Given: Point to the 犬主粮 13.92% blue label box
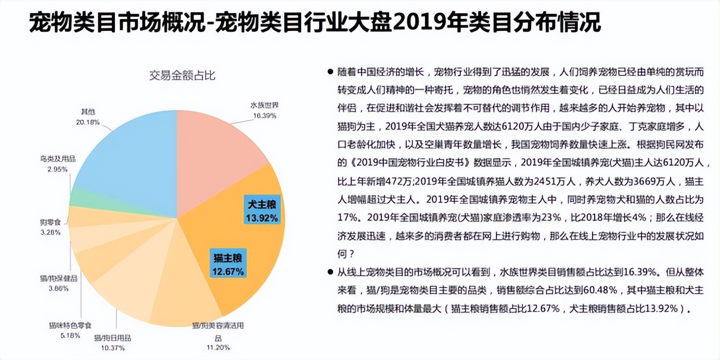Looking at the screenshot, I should (262, 210).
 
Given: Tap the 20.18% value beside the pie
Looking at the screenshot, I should (87, 122).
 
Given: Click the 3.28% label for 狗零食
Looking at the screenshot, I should (50, 232).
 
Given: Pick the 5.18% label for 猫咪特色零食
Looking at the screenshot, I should (70, 336).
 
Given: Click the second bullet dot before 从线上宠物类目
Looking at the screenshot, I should (330, 272).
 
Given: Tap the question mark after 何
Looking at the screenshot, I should (352, 254).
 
